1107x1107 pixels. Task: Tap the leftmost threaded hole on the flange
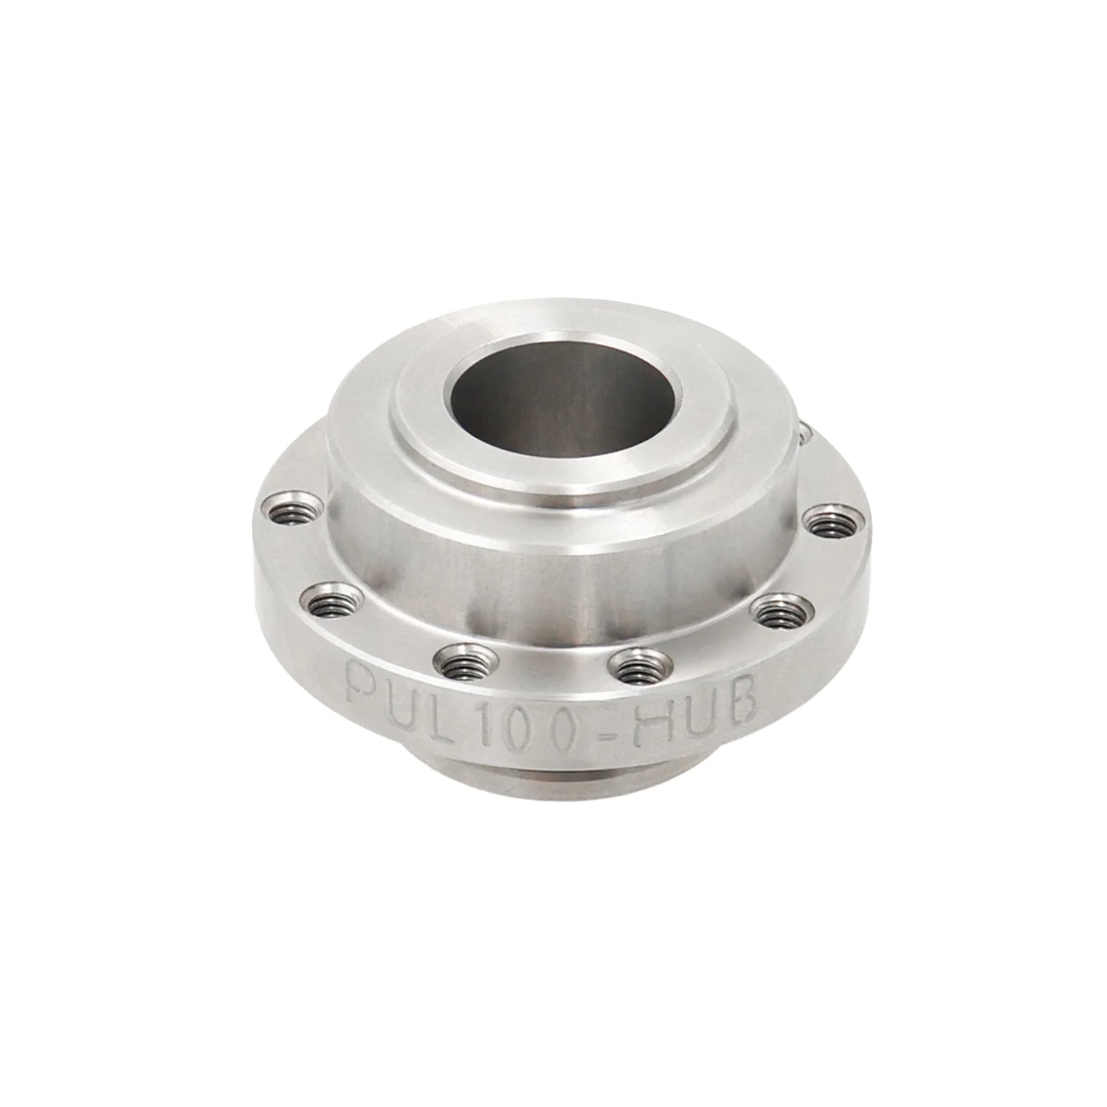point(289,508)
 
